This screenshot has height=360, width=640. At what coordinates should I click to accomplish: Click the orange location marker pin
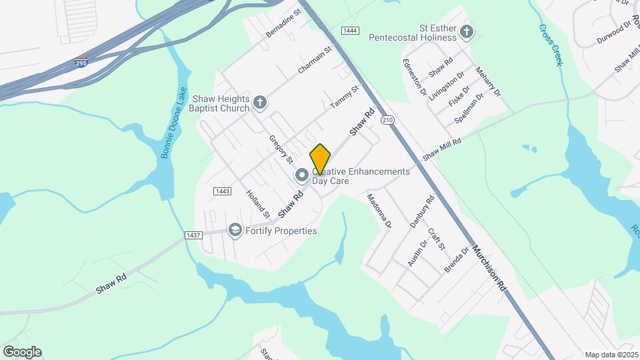click(x=320, y=159)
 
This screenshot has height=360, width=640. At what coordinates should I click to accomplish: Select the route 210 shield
click(x=387, y=120)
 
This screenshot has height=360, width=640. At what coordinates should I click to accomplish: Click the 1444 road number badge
click(x=350, y=31)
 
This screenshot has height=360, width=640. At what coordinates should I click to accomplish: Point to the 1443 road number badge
click(x=222, y=191)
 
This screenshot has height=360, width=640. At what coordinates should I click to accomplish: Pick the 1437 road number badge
click(x=193, y=235)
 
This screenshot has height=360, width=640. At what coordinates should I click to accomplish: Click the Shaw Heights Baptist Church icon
click(x=260, y=103)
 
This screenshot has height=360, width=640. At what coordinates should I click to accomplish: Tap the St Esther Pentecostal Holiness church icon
click(x=467, y=31)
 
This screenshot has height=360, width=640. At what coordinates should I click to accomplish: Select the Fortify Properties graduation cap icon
click(x=235, y=230)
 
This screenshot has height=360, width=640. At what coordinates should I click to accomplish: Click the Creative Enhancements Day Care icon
click(x=301, y=175)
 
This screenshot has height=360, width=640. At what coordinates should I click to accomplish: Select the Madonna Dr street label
click(x=379, y=211)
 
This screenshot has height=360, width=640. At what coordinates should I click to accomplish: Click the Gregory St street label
click(x=281, y=149)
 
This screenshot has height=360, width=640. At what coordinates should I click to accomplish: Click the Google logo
click(x=22, y=352)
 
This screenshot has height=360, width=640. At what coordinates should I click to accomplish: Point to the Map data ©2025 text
click(x=610, y=355)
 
